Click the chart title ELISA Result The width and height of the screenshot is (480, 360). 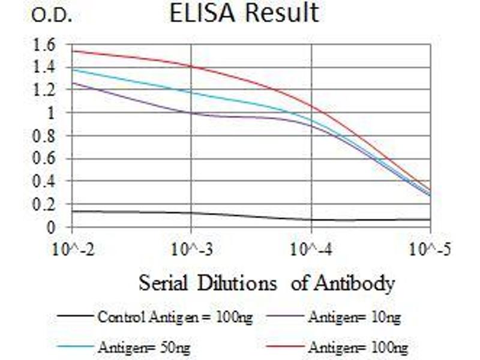(x=244, y=13)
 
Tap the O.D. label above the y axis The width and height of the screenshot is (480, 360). (x=52, y=16)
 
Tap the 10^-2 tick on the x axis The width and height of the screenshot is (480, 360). (x=72, y=248)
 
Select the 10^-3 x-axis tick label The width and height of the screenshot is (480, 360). (x=191, y=248)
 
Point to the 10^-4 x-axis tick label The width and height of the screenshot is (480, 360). (x=311, y=248)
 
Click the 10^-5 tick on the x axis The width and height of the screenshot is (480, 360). (x=430, y=248)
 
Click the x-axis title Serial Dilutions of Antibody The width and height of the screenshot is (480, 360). (x=267, y=283)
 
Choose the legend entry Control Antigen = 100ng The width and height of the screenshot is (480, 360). (x=175, y=317)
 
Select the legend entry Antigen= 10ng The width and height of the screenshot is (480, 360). (x=354, y=317)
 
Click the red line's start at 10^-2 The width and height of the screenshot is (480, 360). (x=73, y=51)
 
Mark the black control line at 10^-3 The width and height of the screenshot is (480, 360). (x=191, y=213)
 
